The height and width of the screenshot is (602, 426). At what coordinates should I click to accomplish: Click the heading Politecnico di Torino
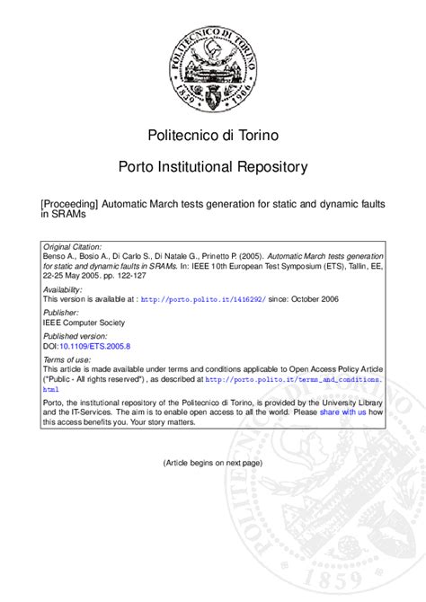(213, 136)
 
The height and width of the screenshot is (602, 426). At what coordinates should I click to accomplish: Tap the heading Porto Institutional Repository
(213, 168)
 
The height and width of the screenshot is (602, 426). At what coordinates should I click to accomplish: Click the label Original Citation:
(73, 245)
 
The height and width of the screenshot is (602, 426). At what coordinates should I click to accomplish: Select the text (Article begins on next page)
(213, 463)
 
